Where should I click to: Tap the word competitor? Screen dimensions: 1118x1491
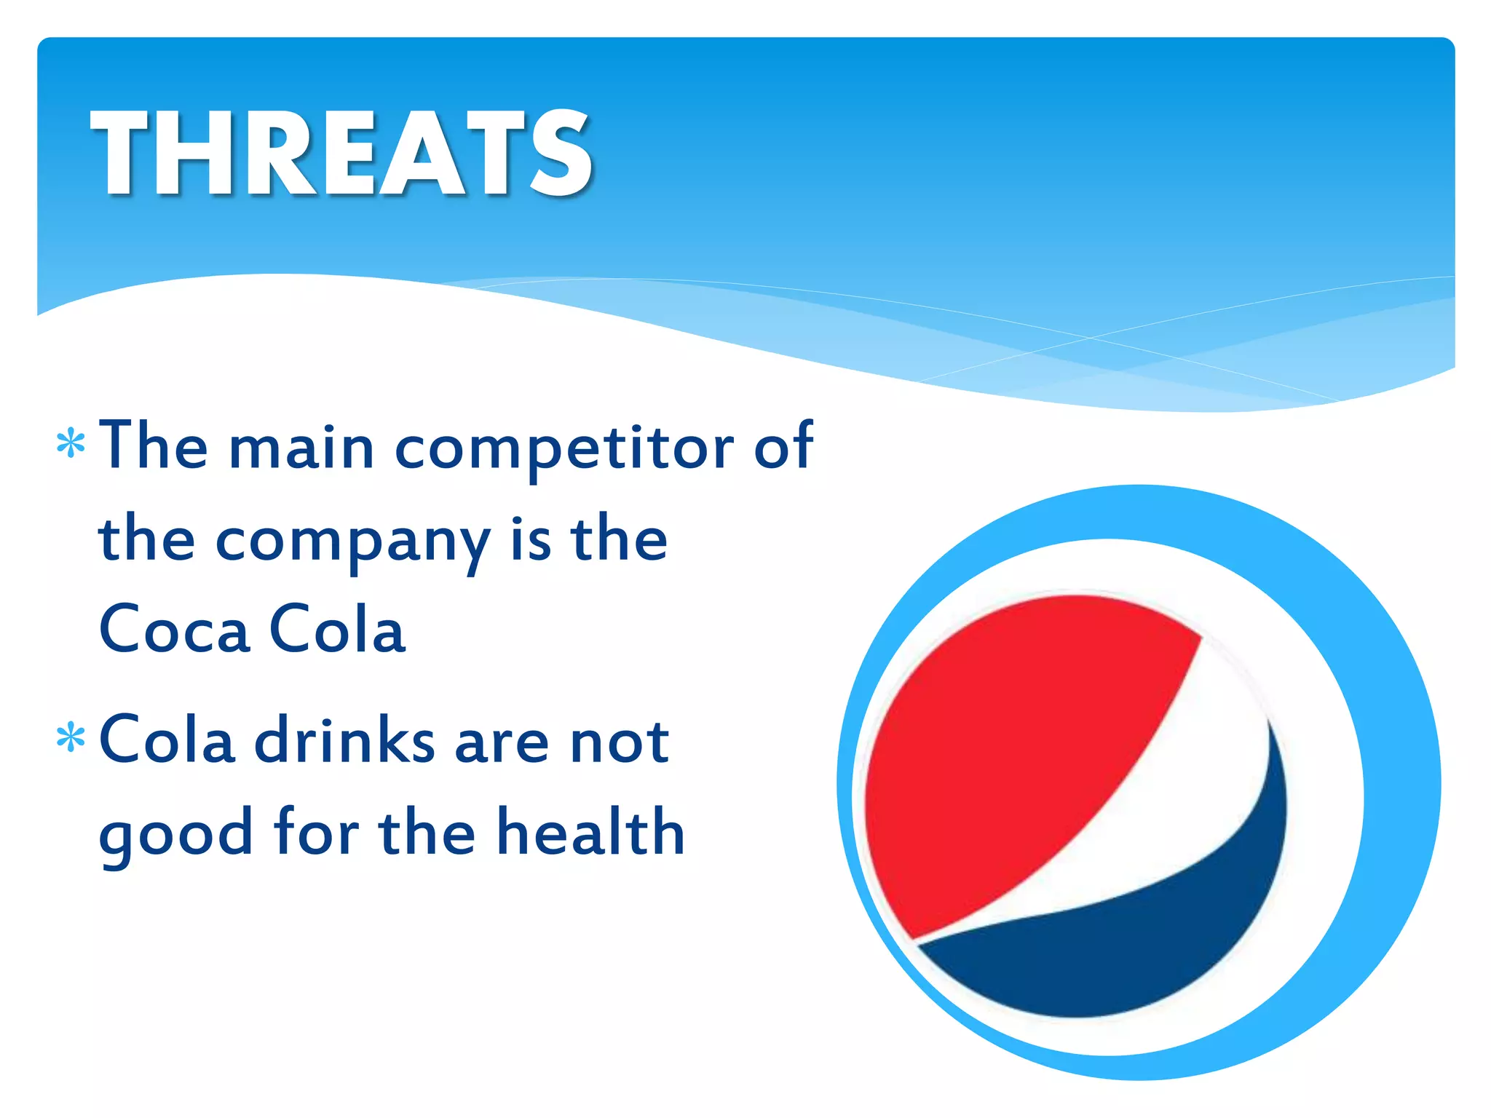coord(564,449)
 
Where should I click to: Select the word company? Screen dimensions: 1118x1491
coord(352,542)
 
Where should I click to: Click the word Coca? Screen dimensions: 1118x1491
coord(175,630)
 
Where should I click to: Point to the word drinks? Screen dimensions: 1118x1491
coord(344,742)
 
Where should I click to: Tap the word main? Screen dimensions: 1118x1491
coord(301,448)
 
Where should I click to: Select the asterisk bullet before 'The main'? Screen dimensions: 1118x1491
coord(71,444)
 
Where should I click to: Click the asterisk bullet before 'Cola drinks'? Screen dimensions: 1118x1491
coord(71,737)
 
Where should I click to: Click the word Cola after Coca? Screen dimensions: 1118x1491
coord(337,630)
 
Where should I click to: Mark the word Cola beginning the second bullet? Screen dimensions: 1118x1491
coord(167,740)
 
